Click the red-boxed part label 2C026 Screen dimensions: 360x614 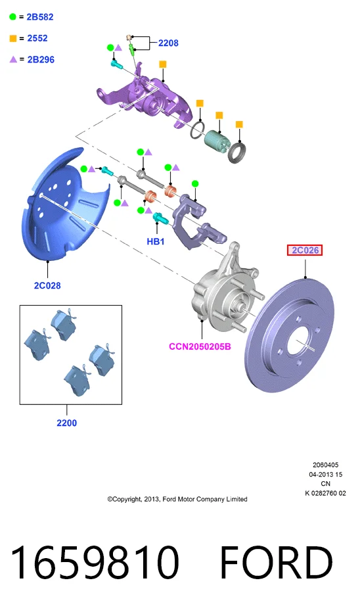tap(304, 250)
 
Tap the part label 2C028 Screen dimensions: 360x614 tap(47, 285)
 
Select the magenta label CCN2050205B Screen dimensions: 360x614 tap(200, 346)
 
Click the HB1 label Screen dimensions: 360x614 tap(155, 242)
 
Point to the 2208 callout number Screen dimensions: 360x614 tap(168, 43)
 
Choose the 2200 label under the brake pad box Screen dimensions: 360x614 tap(66, 423)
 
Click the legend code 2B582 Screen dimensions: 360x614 tap(40, 17)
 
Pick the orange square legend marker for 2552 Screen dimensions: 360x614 tap(13, 38)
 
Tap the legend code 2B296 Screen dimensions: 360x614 tap(41, 60)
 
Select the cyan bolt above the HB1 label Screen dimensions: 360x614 tap(161, 218)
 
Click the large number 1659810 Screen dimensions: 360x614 tap(95, 563)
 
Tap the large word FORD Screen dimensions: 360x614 tap(277, 563)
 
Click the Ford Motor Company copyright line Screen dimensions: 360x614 tap(177, 499)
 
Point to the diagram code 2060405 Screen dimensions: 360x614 tap(326, 465)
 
